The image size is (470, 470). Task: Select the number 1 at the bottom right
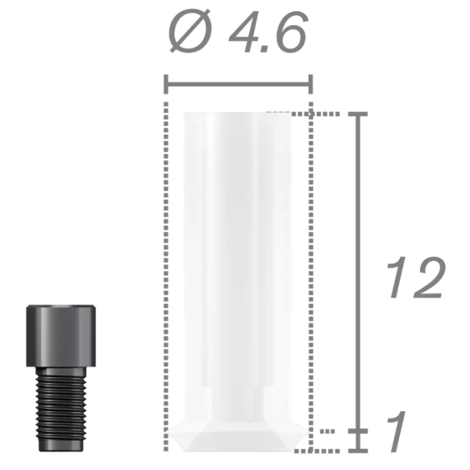tap(399, 432)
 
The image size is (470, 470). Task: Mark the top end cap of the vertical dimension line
tap(360, 114)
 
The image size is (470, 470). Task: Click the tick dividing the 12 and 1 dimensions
tap(360, 431)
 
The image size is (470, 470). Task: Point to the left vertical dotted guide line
tap(164, 274)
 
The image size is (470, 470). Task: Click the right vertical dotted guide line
tap(311, 274)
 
